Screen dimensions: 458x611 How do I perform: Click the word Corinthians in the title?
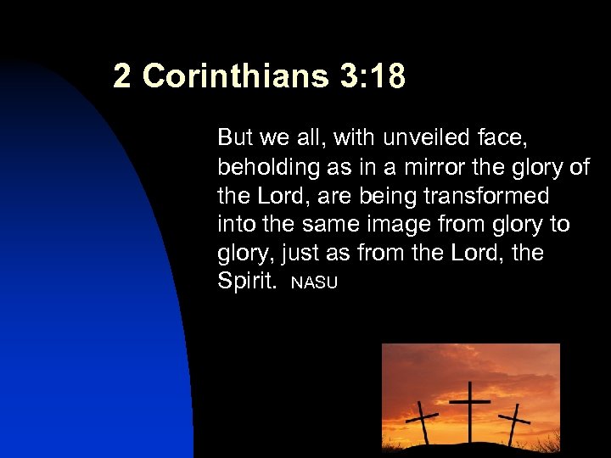coord(235,76)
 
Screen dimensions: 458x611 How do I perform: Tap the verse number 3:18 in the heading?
coord(372,76)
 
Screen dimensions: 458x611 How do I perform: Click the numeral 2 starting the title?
coord(122,76)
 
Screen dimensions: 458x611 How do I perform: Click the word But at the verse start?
coord(234,137)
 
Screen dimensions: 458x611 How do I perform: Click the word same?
coord(328,225)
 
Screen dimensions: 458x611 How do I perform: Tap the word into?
coord(233,225)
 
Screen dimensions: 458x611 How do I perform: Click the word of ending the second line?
coord(579,167)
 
